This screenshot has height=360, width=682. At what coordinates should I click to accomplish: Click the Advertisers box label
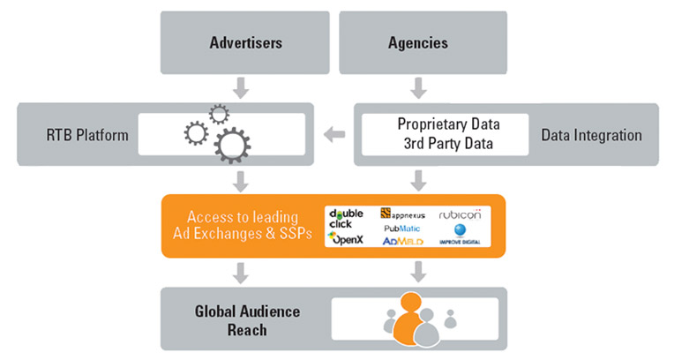246,42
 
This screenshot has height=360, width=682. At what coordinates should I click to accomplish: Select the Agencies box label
418,42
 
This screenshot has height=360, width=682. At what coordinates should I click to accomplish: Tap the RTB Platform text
87,135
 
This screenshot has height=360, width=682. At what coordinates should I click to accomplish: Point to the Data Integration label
591,135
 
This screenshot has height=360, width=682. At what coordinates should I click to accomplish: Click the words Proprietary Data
448,124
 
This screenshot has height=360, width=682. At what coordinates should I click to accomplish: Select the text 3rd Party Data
448,143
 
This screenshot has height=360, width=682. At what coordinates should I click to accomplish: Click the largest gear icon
232,146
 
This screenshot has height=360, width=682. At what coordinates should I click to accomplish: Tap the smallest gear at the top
219,115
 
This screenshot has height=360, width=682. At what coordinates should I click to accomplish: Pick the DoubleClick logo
346,219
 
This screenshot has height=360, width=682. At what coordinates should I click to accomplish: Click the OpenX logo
346,238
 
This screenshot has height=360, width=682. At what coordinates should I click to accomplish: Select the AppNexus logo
403,214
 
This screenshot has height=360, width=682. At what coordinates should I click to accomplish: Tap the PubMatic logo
402,229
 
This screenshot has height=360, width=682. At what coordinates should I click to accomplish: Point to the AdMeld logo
403,241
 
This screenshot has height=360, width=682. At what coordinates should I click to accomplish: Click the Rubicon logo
461,214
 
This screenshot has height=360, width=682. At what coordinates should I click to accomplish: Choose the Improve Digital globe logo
460,234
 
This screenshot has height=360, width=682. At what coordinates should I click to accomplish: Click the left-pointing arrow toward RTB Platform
334,134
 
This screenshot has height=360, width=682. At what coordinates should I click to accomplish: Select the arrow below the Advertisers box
241,88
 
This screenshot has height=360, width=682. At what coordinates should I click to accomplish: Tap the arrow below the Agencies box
418,88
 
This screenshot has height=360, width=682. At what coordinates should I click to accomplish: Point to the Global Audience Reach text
247,320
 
